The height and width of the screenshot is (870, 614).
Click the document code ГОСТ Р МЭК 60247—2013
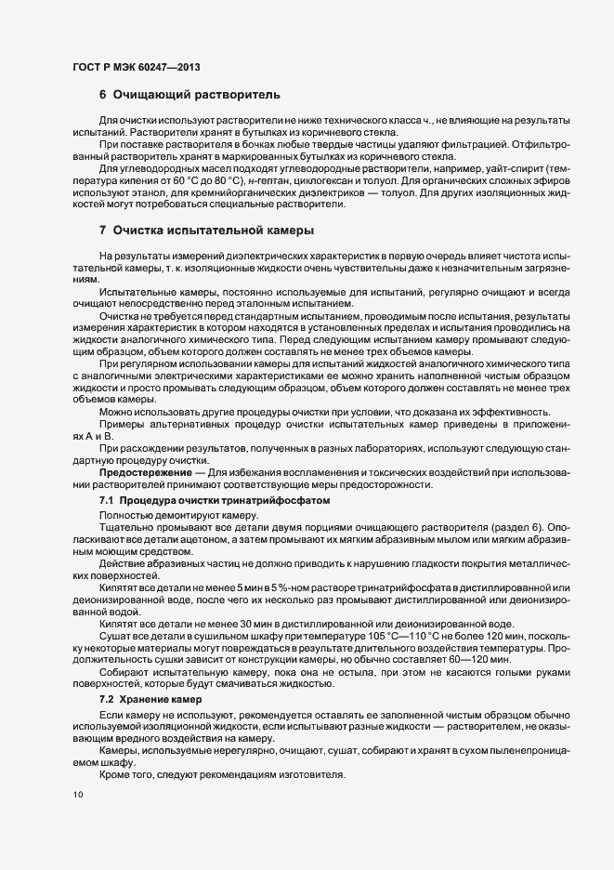click(135, 66)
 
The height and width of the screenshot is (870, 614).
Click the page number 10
click(77, 795)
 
